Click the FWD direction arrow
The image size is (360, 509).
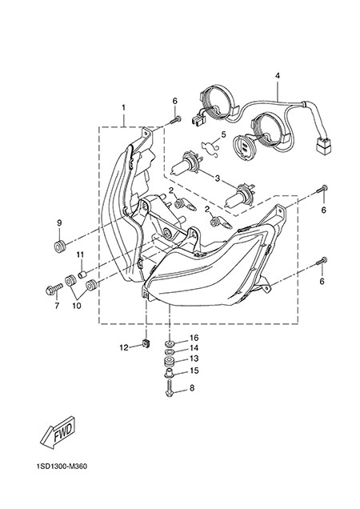[x=58, y=434]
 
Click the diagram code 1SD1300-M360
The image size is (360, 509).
[x=62, y=467]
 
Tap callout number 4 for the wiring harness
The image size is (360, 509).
[x=278, y=76]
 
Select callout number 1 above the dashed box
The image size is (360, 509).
[x=124, y=107]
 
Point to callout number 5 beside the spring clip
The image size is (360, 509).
[x=223, y=134]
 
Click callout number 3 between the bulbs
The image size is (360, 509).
[x=217, y=178]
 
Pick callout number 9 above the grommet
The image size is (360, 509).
[x=59, y=222]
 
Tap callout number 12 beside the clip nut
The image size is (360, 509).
[x=124, y=347]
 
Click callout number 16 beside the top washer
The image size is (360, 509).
[x=194, y=338]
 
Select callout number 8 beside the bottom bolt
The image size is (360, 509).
[x=192, y=387]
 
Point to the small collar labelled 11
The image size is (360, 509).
[x=82, y=275]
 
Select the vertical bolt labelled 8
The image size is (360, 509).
[x=169, y=388]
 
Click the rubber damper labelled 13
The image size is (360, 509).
[x=169, y=361]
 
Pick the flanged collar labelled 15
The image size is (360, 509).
[x=169, y=374]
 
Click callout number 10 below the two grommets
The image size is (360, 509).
[x=77, y=306]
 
